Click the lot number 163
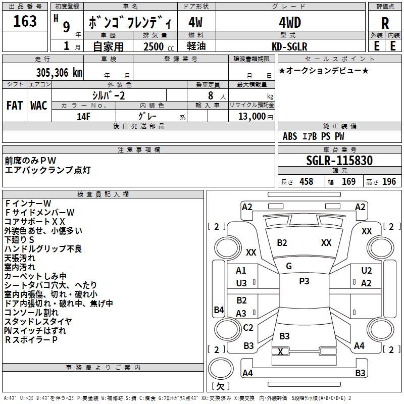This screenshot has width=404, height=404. coord(25,21)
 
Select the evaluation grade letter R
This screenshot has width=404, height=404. coord(385,23)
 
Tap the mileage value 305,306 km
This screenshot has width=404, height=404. coord(59,72)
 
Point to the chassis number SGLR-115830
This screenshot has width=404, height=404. coord(339,161)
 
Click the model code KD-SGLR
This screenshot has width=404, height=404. coord(290,46)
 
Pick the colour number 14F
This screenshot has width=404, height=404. coord(83,116)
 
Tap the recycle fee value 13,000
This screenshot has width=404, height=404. coord(251,116)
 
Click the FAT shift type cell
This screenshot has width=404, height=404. coord(14,105)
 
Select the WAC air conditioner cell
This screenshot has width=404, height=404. coord(39,105)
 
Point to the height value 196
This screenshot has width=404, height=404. coord(389,181)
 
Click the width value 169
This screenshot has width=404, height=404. coord(348,181)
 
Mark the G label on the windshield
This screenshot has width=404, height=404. coord(289,266)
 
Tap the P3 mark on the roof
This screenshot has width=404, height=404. coord(304,281)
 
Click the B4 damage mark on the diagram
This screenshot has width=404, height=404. coord(218,310)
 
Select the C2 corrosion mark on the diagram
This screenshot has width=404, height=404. coord(248,327)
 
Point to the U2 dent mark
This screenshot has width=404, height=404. coord(366,271)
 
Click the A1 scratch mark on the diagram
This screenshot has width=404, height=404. coord(241,271)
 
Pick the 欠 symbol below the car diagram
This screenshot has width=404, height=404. coord(220,386)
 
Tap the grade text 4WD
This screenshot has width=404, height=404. coord(290,23)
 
